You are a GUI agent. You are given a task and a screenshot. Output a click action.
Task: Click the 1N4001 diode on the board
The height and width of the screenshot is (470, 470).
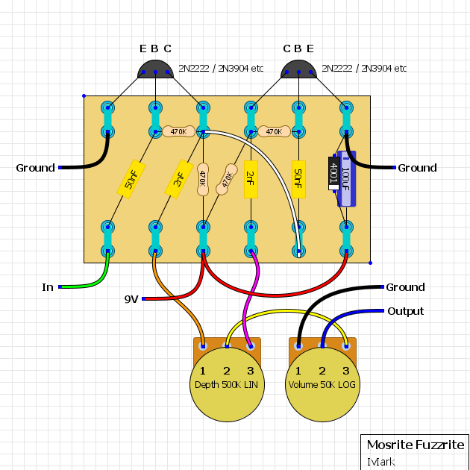[334, 173]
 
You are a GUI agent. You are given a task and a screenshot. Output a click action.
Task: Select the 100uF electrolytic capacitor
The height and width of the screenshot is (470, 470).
[346, 178]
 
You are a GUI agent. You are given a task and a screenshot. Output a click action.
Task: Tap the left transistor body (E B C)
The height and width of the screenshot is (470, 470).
[155, 69]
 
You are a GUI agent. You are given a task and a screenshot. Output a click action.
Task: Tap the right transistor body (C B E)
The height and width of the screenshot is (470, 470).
[298, 69]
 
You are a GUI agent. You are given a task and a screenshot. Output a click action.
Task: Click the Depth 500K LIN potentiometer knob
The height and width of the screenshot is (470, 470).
[228, 384]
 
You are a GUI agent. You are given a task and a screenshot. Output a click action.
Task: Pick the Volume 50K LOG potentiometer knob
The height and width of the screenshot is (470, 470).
[322, 384]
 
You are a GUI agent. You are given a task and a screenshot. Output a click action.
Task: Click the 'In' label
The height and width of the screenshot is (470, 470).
[48, 287]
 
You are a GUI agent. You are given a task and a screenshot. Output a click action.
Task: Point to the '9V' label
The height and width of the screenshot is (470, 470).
[131, 299]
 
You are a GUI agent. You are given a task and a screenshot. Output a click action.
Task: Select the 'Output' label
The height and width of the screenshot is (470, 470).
[406, 311]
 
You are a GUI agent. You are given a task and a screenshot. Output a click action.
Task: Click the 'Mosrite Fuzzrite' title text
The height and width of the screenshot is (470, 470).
[416, 445]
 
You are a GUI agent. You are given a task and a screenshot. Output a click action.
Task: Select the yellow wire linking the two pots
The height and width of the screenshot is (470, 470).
[286, 312]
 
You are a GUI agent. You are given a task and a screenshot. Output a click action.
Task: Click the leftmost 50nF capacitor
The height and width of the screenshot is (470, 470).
[131, 179]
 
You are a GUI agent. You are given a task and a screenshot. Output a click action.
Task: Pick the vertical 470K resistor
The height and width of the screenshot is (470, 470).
[203, 179]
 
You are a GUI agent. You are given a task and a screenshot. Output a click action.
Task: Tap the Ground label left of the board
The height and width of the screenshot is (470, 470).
[35, 168]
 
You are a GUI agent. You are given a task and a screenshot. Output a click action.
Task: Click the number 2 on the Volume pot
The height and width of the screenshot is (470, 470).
[322, 371]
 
